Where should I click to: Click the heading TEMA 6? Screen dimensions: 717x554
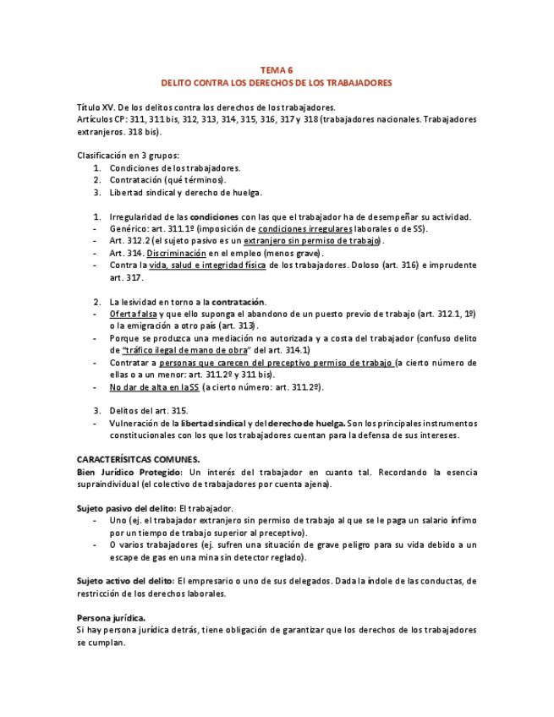(277, 70)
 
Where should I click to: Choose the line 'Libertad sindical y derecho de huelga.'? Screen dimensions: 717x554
(186, 192)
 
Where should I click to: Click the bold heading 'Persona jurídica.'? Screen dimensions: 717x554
(111, 617)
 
